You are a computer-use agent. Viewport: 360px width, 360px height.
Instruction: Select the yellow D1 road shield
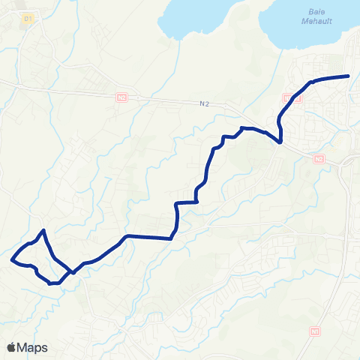pos(28,17)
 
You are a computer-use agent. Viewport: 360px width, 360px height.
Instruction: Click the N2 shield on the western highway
pos(122,97)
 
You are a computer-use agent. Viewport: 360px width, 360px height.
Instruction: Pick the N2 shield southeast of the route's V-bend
pos(319,159)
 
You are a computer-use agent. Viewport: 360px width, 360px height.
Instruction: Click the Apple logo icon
pos(12,347)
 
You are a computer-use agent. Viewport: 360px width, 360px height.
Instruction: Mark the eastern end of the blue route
pos(349,76)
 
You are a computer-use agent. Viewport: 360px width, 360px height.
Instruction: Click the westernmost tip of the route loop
pos(13,259)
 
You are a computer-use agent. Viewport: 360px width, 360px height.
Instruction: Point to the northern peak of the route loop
pos(45,230)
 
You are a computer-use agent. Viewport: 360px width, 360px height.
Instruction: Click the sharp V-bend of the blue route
pos(280,141)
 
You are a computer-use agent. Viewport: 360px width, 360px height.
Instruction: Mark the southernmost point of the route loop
pos(51,283)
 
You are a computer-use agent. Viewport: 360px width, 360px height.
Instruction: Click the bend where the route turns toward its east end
pos(310,81)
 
